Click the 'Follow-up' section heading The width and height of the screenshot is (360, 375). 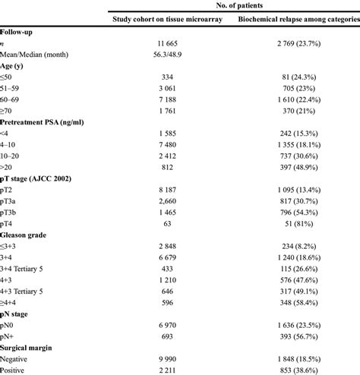[x=17, y=33]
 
